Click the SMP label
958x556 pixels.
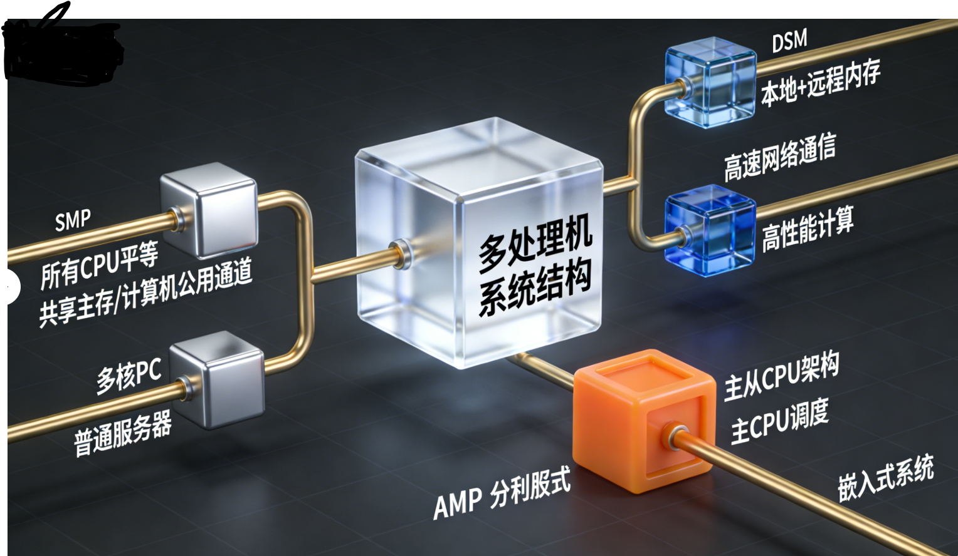pos(73,221)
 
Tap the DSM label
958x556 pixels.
pos(789,42)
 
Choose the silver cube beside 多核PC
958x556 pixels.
pos(218,379)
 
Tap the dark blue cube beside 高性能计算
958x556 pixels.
pos(710,230)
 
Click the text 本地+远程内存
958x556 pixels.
pos(820,83)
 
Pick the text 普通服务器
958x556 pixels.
pos(123,435)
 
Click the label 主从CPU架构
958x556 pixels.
pos(781,376)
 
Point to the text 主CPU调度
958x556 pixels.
pos(779,421)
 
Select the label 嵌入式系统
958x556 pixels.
pos(885,478)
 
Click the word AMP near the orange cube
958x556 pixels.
pos(457,503)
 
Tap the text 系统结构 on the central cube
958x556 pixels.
pos(535,289)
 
